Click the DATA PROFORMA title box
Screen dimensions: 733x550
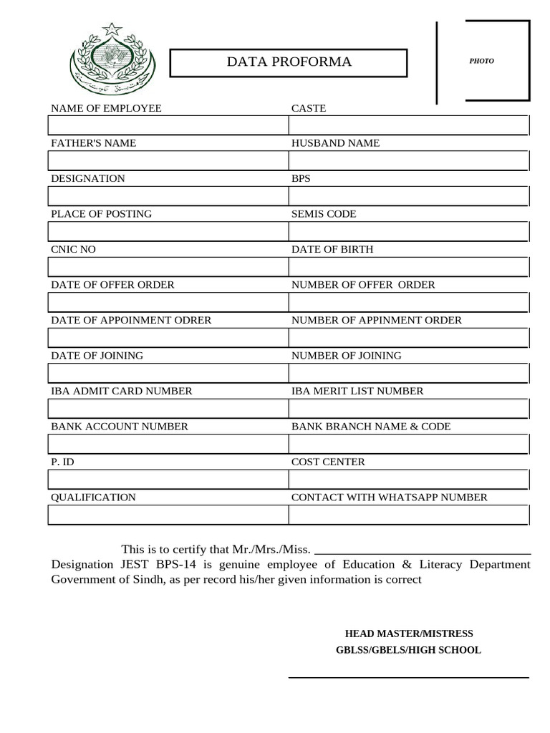289,62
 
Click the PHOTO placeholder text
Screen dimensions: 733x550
481,61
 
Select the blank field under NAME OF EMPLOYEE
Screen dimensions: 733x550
168,125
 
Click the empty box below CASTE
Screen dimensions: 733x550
408,125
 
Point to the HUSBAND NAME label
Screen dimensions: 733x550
335,143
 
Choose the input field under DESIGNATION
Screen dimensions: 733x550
168,196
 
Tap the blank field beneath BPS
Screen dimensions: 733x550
408,196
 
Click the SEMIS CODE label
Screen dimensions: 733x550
323,214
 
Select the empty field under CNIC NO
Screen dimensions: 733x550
168,267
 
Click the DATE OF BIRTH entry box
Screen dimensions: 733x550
408,267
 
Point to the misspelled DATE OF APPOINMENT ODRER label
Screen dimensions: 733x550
131,320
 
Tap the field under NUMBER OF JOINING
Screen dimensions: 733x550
408,373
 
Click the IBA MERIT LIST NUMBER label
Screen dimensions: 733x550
357,391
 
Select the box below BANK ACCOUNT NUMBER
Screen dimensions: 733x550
168,444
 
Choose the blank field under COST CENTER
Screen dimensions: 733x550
408,480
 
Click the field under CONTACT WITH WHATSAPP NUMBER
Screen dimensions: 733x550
408,515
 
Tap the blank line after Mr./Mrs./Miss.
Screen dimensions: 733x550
423,551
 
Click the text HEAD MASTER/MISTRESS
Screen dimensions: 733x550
409,634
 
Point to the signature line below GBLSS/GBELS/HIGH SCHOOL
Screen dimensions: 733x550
409,676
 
